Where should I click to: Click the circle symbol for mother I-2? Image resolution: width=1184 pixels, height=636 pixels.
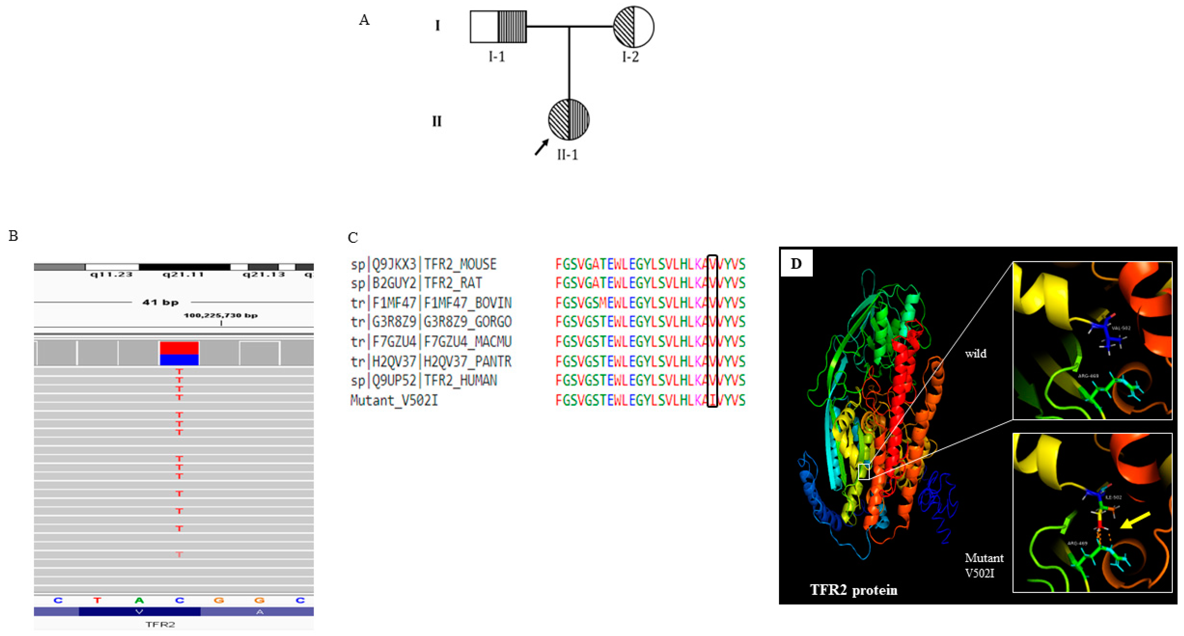[x=633, y=27]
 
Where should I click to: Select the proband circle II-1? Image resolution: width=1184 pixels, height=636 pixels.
[x=569, y=120]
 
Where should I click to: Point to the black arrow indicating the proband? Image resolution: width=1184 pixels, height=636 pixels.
[x=541, y=148]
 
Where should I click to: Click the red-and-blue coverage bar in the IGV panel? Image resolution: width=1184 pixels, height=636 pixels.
[x=179, y=353]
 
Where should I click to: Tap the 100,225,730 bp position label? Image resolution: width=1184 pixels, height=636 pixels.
[x=221, y=315]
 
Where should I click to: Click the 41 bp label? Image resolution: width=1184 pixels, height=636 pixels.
[x=160, y=302]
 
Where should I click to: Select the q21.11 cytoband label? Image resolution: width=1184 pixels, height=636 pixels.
[x=183, y=274]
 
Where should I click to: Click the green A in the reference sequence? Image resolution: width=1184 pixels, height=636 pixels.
[x=139, y=600]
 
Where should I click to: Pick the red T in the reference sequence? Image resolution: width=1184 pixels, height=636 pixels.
[x=97, y=600]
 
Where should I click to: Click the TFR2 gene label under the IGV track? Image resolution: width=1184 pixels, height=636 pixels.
[x=160, y=624]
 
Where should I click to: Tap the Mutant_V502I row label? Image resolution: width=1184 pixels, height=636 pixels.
[x=394, y=400]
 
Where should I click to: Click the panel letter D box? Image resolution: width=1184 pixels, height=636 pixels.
[x=796, y=263]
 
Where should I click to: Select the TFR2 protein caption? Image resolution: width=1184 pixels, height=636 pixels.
[x=853, y=590]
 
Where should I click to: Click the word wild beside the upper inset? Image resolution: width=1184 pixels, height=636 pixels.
[x=975, y=353]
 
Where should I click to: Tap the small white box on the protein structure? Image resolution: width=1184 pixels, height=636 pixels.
[x=864, y=471]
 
